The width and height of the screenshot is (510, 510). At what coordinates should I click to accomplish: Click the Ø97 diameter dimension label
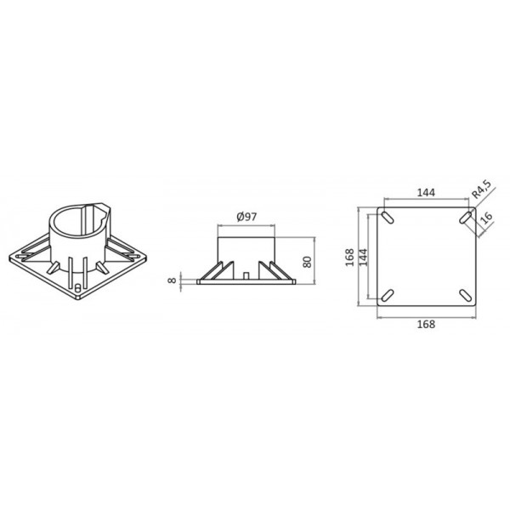[246, 218]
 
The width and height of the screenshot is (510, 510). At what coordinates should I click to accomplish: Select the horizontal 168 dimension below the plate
[426, 324]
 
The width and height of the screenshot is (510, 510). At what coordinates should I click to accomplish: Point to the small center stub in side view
[245, 276]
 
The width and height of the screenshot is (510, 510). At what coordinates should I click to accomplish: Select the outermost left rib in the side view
[205, 275]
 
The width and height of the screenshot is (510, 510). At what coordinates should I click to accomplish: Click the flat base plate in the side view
[246, 282]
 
